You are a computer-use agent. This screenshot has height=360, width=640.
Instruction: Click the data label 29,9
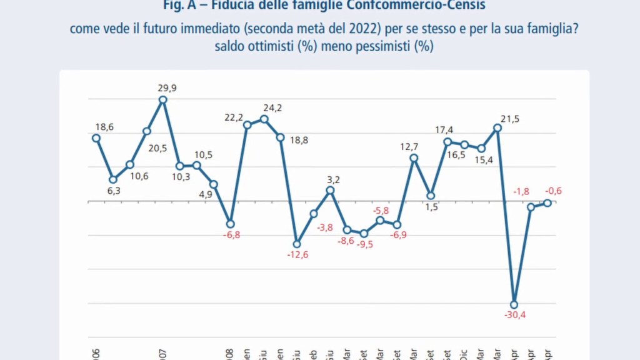(167, 88)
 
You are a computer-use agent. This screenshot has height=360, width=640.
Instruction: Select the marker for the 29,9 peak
(163, 99)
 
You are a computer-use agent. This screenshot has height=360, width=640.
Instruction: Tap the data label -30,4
(515, 315)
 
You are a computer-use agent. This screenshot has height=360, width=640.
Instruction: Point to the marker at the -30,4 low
(514, 304)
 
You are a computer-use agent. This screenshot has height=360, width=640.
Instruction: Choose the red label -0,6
(553, 191)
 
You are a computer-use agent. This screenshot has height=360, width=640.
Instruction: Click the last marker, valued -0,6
(547, 202)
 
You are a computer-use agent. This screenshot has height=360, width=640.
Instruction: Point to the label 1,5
(431, 207)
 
